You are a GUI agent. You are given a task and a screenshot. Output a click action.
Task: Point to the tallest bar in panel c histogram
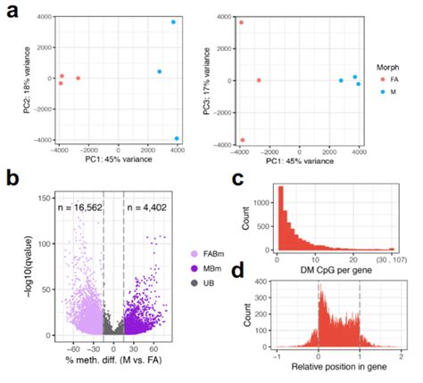click(279, 218)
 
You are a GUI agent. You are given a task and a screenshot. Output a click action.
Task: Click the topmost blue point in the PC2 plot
click(173, 21)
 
